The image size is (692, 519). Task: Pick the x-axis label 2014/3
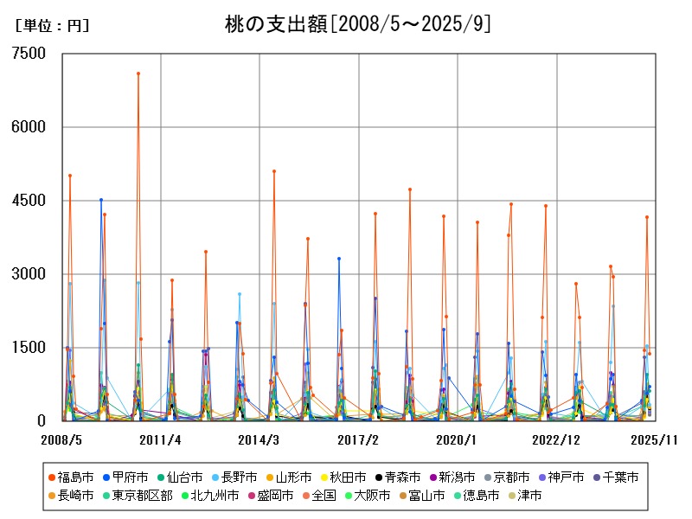(x=259, y=439)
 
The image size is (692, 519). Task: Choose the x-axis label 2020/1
(x=457, y=439)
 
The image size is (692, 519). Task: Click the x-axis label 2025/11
(x=655, y=439)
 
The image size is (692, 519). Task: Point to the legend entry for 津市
(x=525, y=496)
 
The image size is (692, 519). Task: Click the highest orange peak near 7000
(x=138, y=74)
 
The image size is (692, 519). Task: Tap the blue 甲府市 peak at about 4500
(x=101, y=200)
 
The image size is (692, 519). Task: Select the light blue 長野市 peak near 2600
(x=240, y=294)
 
